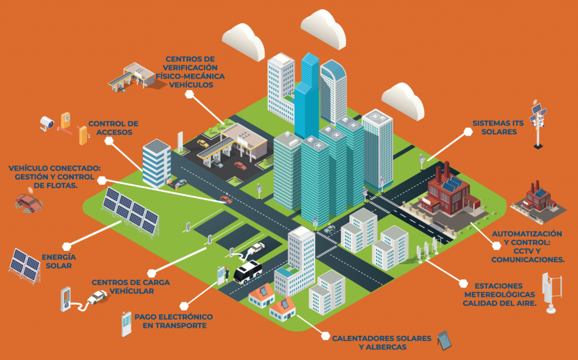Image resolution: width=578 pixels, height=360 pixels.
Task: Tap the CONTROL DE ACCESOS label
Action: (113, 128)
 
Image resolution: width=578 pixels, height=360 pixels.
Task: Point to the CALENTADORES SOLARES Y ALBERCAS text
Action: (382, 343)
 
